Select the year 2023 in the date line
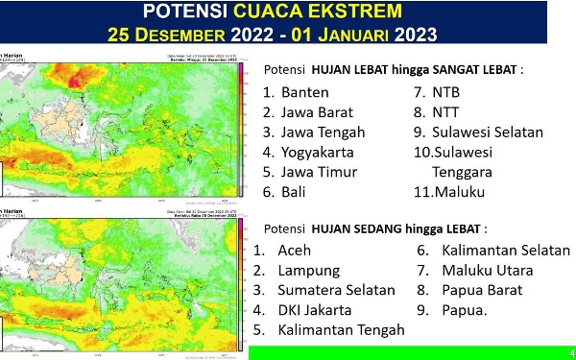[x=416, y=36]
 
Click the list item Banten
[x=305, y=93]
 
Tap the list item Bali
[x=295, y=192]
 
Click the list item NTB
[x=446, y=93]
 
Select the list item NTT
[x=446, y=112]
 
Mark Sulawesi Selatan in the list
[x=488, y=132]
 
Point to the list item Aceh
[x=294, y=251]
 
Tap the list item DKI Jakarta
[x=314, y=310]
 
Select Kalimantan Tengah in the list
[x=341, y=330]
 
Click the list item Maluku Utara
[x=488, y=271]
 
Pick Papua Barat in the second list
[x=482, y=290]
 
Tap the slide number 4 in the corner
[x=571, y=351]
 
